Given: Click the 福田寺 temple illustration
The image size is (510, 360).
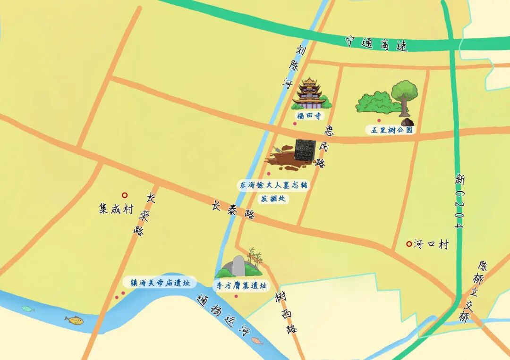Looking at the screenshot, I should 310,93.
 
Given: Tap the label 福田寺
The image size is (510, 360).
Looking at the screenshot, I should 309,116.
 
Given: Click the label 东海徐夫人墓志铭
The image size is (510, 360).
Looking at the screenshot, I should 273,185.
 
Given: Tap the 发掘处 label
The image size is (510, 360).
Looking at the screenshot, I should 273,199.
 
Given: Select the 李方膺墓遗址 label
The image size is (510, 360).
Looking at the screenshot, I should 242,285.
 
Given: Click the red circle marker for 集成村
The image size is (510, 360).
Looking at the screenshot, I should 125,195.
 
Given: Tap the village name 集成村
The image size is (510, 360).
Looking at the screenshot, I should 116,209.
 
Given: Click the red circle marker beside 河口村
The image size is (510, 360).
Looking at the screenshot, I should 408,244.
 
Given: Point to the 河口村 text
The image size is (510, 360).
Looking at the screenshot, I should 431,244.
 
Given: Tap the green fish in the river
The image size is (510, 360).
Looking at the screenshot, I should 28,309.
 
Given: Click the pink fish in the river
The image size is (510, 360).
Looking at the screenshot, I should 257,341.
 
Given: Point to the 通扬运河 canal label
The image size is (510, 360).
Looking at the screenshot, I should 223,317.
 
